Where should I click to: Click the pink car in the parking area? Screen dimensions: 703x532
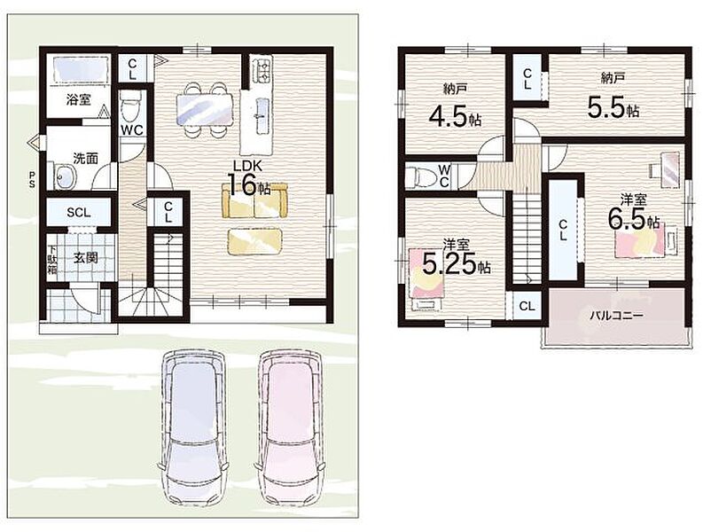[290, 428]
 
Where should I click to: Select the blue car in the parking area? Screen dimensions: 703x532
[192, 428]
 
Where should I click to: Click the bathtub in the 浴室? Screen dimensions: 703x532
[82, 69]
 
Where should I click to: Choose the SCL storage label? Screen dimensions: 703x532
[79, 213]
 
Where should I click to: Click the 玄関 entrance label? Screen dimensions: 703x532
[86, 258]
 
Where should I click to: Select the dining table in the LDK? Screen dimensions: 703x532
[205, 109]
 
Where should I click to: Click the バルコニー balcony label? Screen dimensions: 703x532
[616, 316]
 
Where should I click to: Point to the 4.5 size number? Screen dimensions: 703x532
[449, 116]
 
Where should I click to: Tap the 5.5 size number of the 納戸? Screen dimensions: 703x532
[606, 108]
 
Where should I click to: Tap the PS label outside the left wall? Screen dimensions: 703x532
[32, 178]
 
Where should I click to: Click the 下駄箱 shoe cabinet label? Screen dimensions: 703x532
[52, 260]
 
